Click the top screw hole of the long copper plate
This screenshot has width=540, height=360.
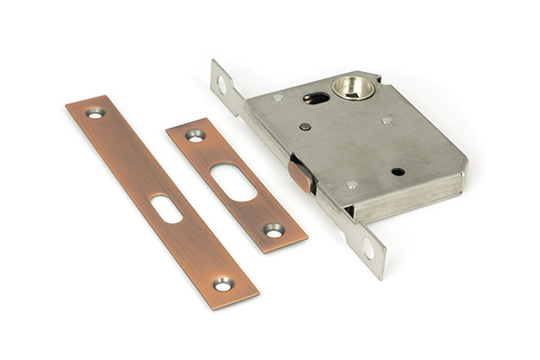[94, 113]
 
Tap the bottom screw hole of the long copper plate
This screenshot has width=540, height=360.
[221, 283]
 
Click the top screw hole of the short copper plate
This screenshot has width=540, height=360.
[195, 136]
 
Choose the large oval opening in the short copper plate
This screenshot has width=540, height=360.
[232, 181]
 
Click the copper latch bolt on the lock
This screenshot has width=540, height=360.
[301, 175]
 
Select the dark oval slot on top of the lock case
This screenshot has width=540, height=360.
[317, 98]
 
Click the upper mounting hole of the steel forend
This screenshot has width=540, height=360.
[221, 85]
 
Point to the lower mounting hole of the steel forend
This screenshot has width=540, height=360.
[368, 249]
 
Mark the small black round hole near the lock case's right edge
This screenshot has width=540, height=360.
[398, 170]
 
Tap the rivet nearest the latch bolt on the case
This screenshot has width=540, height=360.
[352, 184]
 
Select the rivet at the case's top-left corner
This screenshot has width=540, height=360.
[278, 97]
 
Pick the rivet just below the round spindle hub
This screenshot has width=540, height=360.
[386, 120]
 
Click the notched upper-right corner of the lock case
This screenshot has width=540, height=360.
[373, 76]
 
